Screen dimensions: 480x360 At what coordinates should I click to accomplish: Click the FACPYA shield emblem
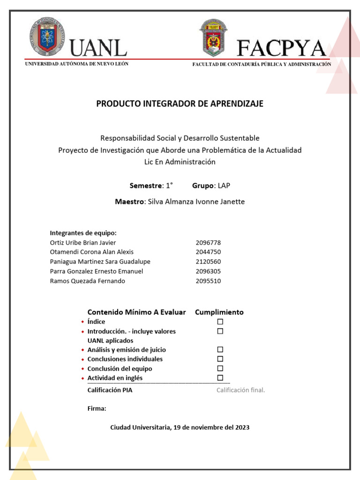(x=213, y=38)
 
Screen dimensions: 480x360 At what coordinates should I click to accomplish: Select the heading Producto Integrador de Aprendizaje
(x=180, y=104)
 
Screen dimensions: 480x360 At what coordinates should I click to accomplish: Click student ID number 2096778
(x=208, y=243)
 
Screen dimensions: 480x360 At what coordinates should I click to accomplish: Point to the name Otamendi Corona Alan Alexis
(x=91, y=252)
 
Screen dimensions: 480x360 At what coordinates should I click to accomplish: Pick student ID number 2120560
(x=208, y=262)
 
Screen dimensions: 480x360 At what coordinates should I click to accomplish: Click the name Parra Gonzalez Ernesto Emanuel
(x=96, y=271)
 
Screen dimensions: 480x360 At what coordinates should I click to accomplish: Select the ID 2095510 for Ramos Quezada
(x=208, y=281)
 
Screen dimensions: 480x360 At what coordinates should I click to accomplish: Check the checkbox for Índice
(x=220, y=322)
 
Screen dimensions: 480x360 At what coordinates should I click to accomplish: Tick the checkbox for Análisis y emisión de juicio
(x=220, y=350)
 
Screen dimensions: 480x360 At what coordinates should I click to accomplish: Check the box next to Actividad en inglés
(x=220, y=378)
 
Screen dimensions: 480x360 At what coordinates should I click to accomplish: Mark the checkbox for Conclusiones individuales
(x=220, y=359)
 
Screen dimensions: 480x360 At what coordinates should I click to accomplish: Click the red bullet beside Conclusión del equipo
(x=82, y=369)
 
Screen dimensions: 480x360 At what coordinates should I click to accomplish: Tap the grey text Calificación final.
(x=240, y=390)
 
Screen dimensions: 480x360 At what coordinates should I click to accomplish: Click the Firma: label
(x=97, y=408)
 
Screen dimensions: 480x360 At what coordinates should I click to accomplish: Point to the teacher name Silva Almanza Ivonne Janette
(x=196, y=202)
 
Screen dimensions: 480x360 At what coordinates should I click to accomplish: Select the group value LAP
(x=224, y=186)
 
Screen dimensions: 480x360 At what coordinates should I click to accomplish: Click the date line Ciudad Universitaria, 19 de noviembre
(x=180, y=427)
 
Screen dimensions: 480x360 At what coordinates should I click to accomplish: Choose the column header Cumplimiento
(x=219, y=312)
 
